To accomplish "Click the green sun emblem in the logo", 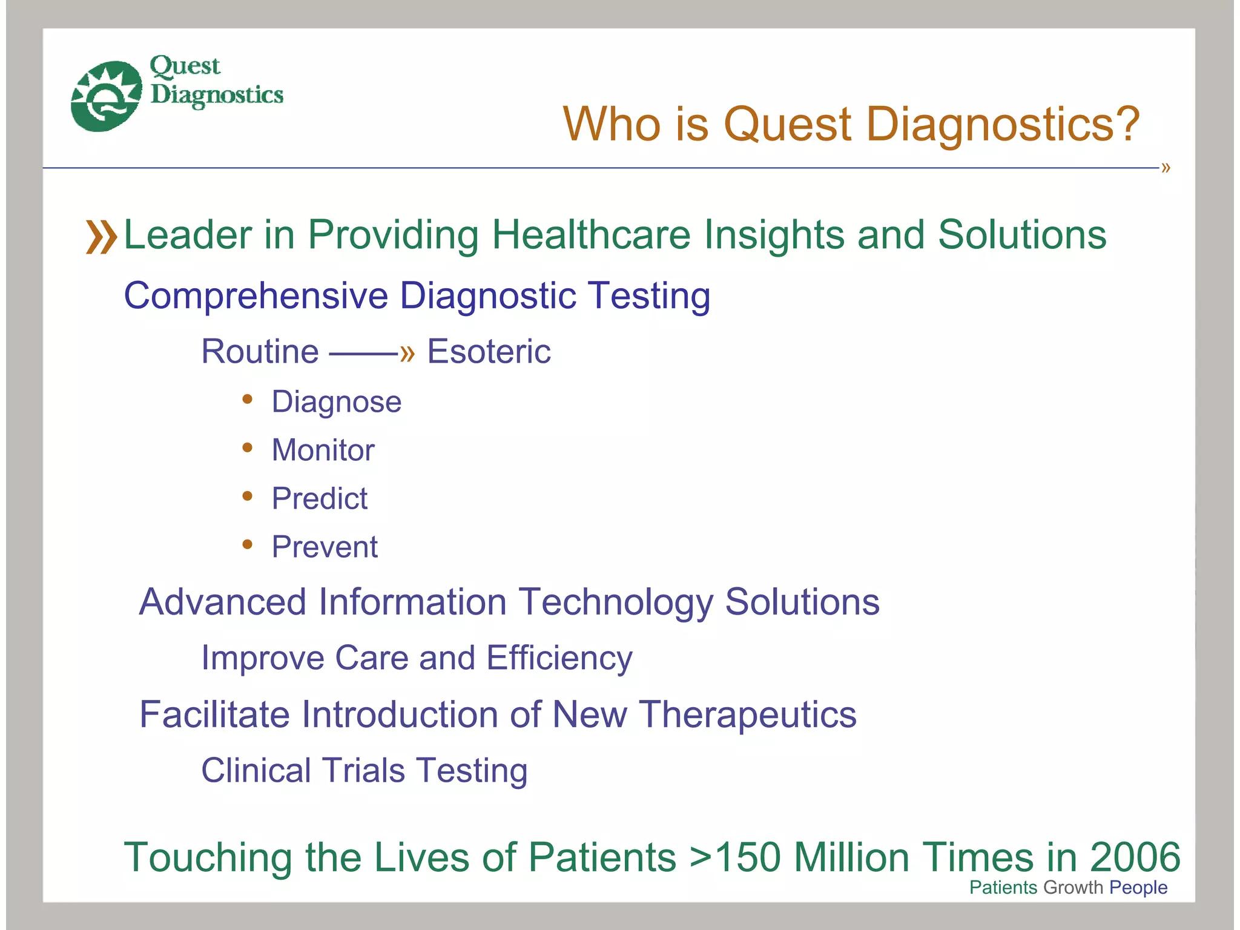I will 106,96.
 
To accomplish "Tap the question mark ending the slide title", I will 1125,124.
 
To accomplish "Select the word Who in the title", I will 612,124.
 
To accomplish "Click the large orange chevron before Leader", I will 101,237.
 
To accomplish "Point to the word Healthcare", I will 590,235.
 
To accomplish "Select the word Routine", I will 260,352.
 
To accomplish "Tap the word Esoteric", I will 489,352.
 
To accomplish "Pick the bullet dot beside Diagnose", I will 247,399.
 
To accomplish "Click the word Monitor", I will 323,450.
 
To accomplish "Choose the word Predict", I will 319,499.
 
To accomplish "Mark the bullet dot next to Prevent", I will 247,544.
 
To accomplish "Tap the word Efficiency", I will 559,659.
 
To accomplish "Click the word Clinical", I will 256,771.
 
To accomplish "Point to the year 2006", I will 1135,858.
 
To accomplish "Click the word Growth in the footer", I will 1073,888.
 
